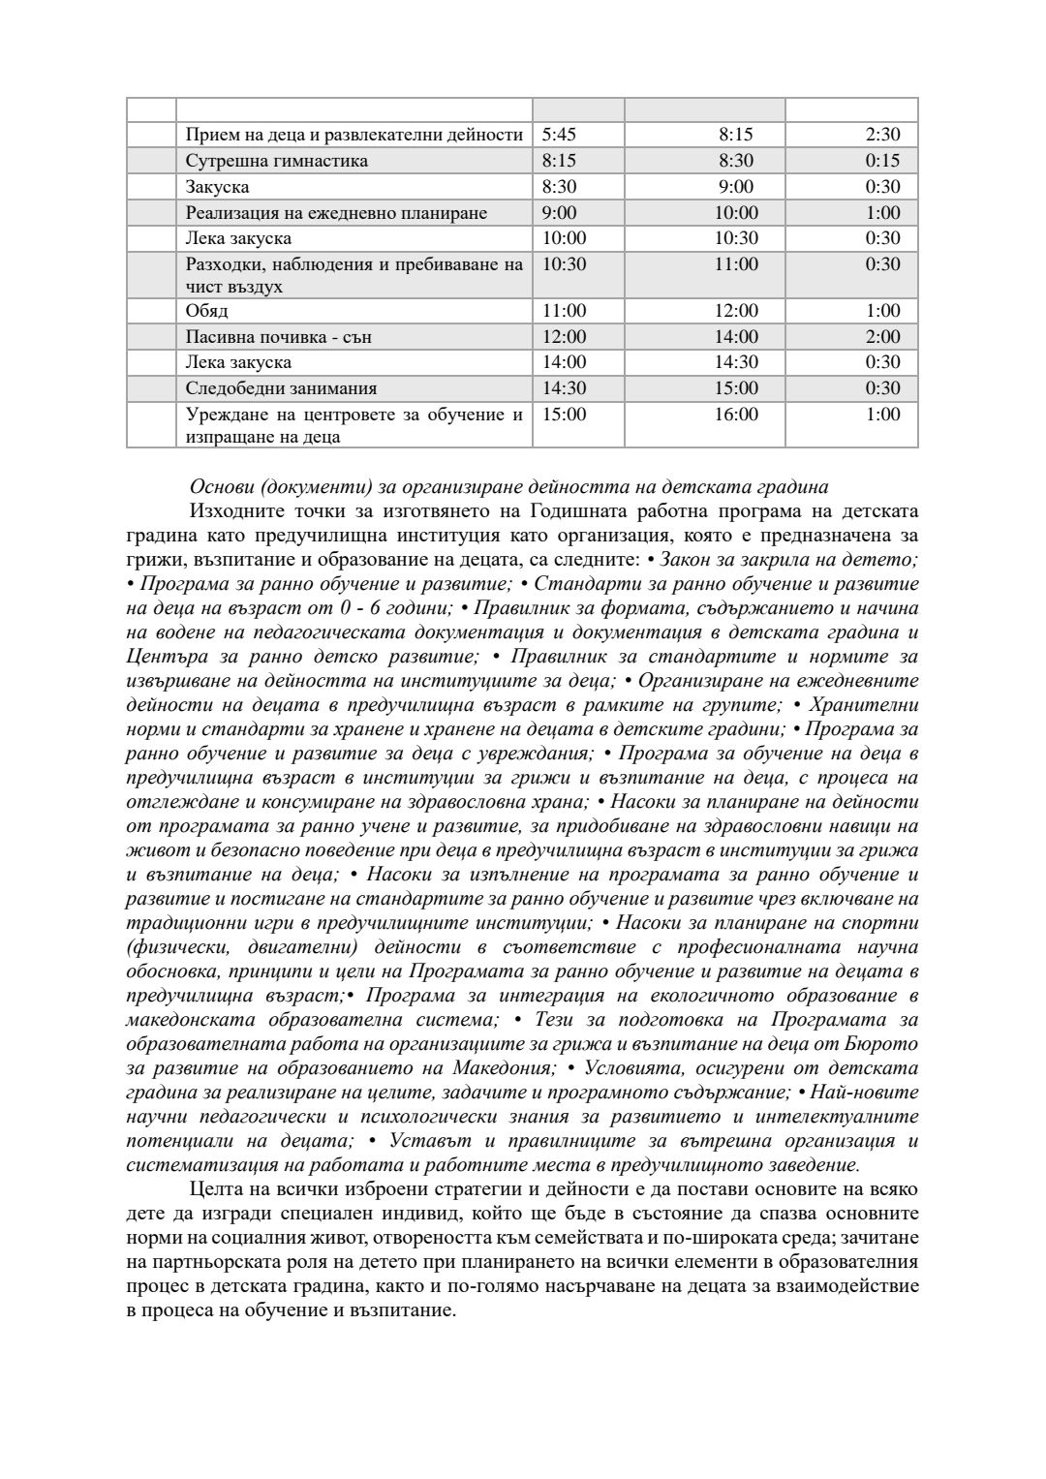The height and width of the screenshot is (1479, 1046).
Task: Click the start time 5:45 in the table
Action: pyautogui.click(x=558, y=135)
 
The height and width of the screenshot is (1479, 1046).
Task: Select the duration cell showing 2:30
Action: pyautogui.click(x=882, y=135)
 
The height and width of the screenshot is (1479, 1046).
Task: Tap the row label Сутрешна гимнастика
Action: pyautogui.click(x=276, y=161)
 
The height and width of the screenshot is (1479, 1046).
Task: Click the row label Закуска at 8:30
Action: pyautogui.click(x=217, y=187)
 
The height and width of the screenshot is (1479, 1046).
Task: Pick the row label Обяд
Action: pyautogui.click(x=206, y=311)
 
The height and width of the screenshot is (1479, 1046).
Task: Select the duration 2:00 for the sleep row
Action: pyautogui.click(x=882, y=337)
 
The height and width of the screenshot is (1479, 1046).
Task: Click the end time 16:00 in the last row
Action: pyautogui.click(x=736, y=415)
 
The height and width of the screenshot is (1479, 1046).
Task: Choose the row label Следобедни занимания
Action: pyautogui.click(x=281, y=388)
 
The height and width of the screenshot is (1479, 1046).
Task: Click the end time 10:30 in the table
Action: pyautogui.click(x=736, y=238)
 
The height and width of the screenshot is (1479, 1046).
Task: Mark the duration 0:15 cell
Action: pyautogui.click(x=882, y=161)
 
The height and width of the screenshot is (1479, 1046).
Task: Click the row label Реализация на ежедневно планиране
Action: pyautogui.click(x=336, y=213)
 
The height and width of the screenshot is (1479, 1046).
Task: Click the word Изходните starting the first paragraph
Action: pyautogui.click(x=236, y=511)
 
